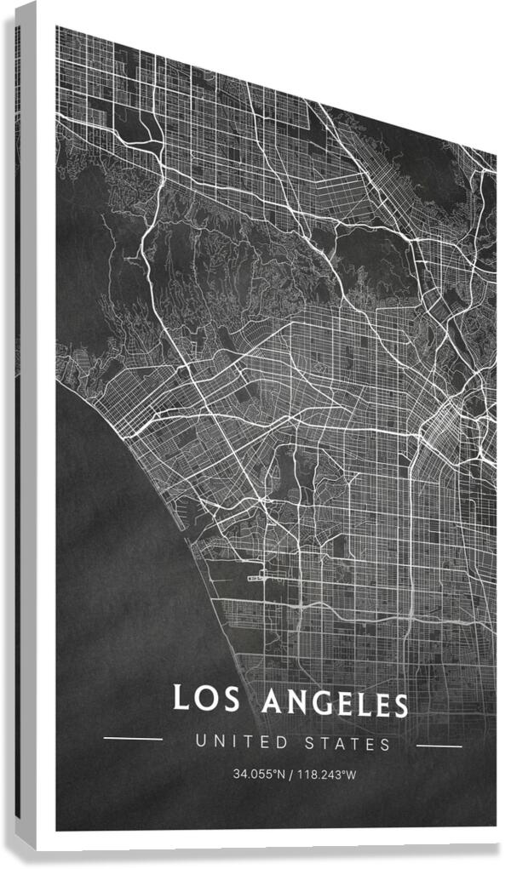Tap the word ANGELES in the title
335,703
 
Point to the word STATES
347,744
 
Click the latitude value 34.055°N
259,775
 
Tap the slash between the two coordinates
291,775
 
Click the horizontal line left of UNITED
132,739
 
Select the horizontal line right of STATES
439,746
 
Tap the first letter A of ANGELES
273,702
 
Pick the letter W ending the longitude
351,775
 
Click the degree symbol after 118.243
342,772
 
